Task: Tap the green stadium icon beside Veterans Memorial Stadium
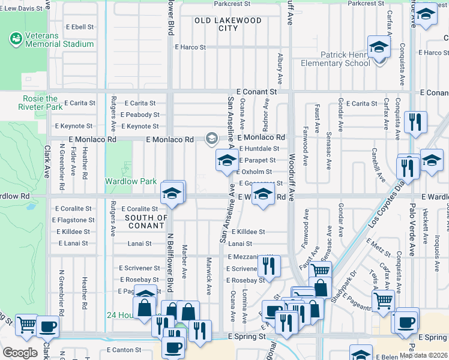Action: point(15,39)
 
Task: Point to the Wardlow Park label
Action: point(131,181)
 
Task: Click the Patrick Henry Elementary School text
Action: point(345,59)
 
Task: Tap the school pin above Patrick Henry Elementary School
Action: point(379,47)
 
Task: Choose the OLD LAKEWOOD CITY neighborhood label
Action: point(228,24)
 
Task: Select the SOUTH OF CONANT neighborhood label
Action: point(146,221)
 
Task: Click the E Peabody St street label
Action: point(139,115)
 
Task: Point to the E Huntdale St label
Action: point(259,148)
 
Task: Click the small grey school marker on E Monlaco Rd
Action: point(211,139)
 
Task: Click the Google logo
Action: point(20,353)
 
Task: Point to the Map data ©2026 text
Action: point(424,355)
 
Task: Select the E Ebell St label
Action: point(80,27)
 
